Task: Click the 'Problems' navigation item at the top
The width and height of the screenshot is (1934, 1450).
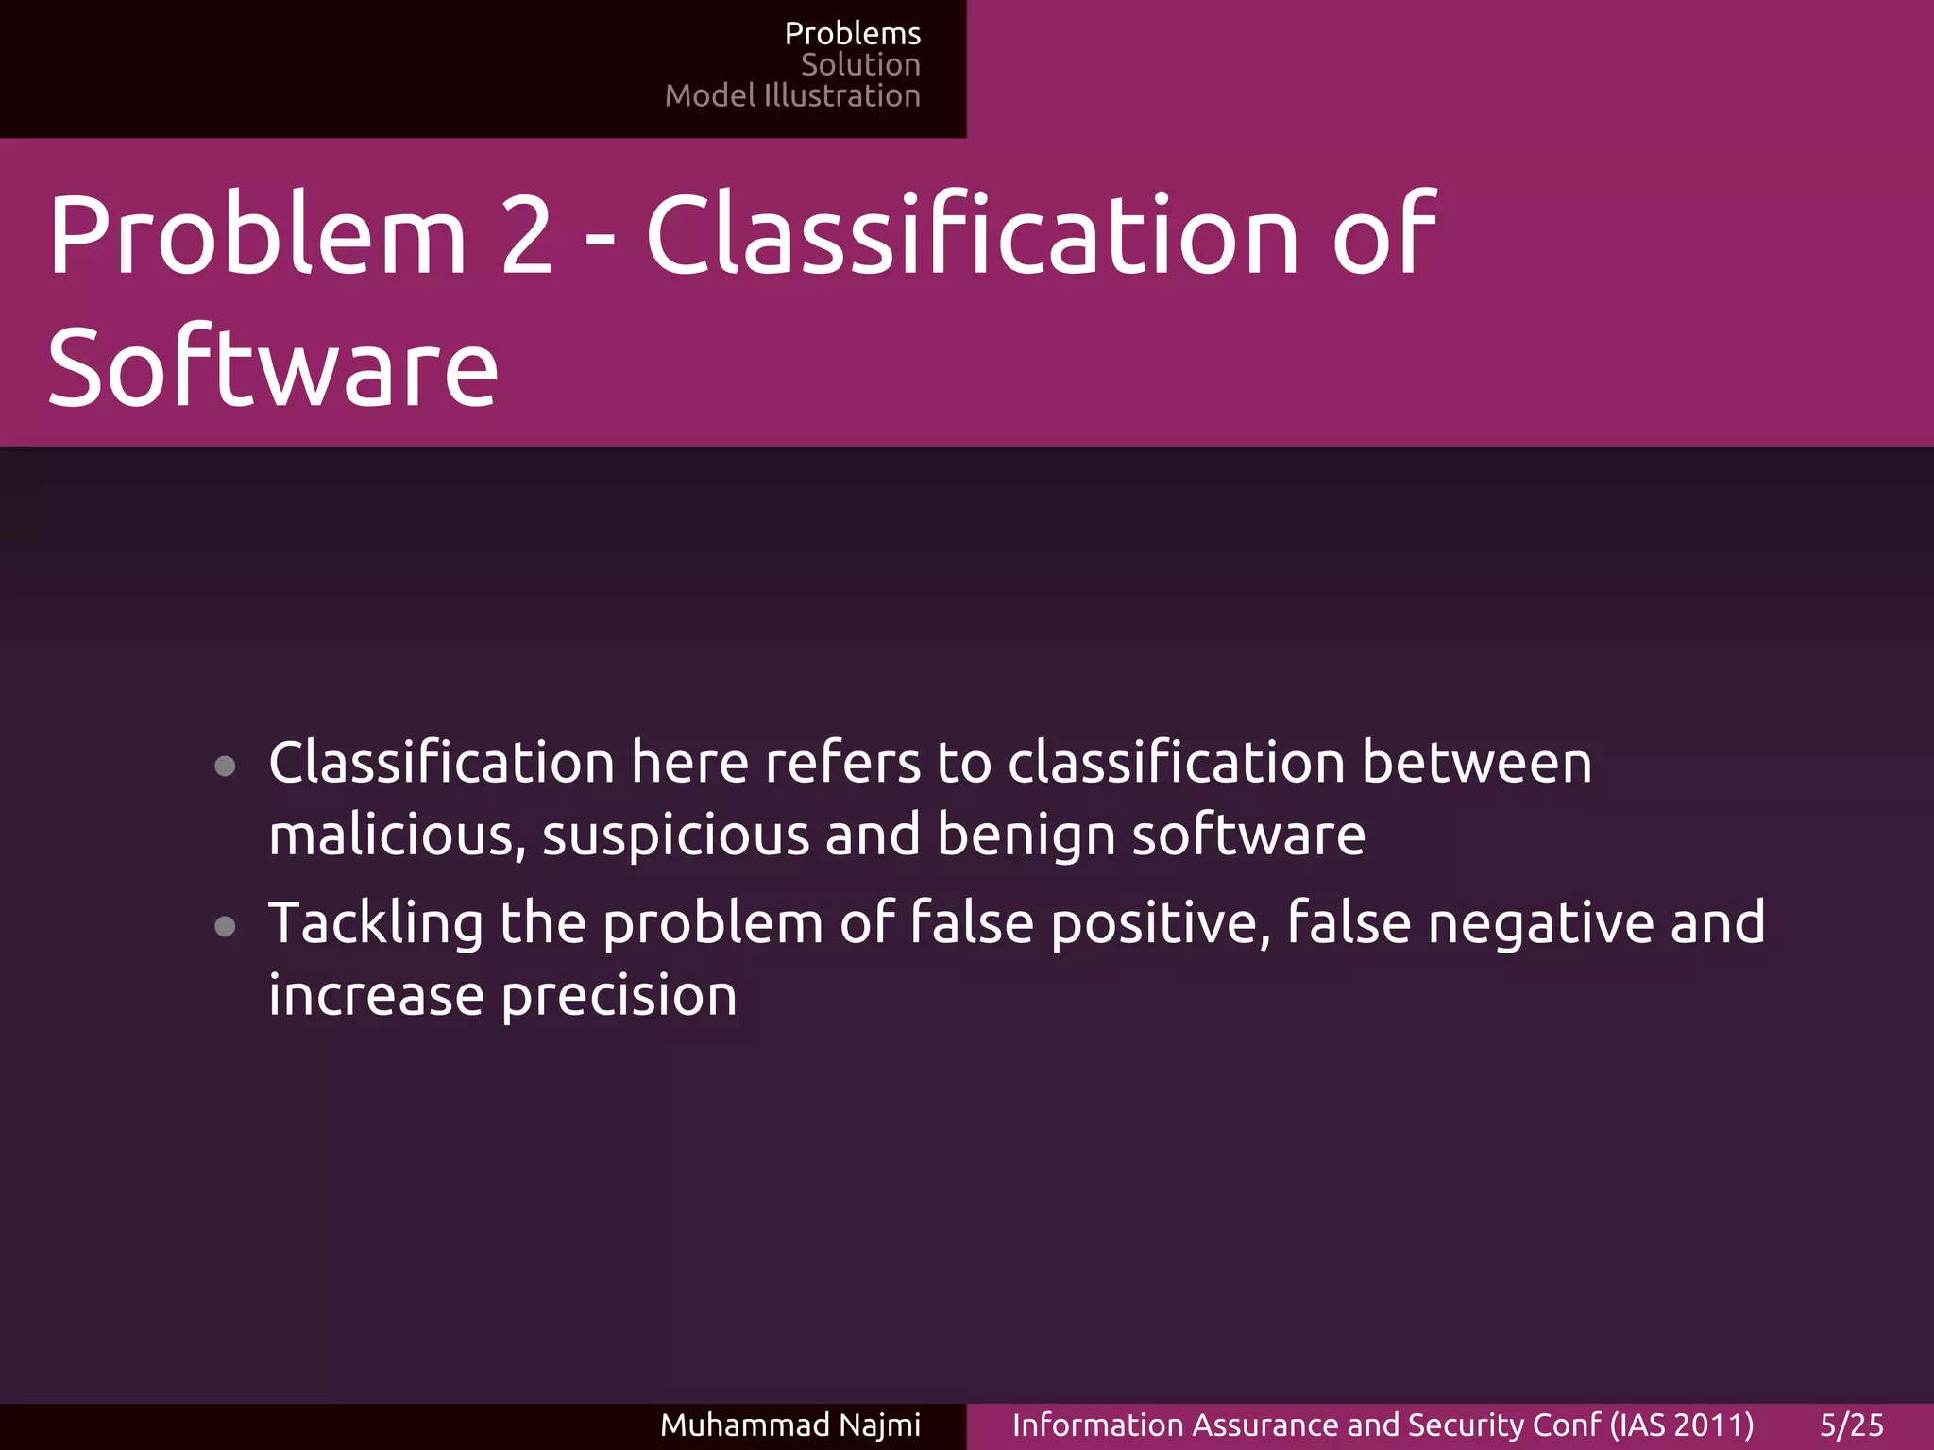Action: coord(852,34)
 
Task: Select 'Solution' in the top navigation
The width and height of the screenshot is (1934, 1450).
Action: coord(859,65)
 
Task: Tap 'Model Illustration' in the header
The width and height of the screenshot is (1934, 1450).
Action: coord(791,96)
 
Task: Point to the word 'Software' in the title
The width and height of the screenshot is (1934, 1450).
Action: coord(272,368)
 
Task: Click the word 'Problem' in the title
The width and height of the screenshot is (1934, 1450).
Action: coord(257,235)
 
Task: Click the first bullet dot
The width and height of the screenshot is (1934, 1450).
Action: coord(225,766)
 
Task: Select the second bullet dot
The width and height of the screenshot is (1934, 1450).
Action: coord(225,926)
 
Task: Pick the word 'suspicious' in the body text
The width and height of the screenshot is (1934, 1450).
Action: coord(676,836)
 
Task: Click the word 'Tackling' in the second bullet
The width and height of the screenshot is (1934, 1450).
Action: coord(376,923)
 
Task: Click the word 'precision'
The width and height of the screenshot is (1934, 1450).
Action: coord(619,997)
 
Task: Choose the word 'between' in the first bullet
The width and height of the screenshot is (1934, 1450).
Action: coord(1476,763)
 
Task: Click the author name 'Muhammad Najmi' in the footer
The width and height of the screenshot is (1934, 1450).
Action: coord(789,1425)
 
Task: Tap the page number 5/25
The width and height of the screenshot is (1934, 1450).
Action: coord(1851,1425)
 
